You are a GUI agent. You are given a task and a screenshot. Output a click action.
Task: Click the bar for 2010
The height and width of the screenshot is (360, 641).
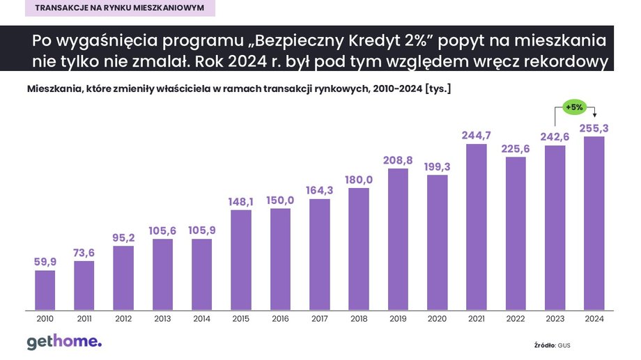(x=45, y=289)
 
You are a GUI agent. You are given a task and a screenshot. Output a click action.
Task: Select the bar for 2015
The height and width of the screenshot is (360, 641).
(x=240, y=258)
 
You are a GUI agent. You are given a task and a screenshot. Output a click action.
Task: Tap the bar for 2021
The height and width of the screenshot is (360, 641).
(x=476, y=226)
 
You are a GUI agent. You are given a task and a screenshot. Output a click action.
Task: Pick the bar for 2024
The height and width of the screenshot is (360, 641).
(x=594, y=222)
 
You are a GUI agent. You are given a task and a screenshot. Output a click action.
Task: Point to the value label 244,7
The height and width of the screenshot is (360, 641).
(x=476, y=135)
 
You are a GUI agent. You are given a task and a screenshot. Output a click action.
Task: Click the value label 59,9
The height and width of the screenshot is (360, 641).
(x=45, y=262)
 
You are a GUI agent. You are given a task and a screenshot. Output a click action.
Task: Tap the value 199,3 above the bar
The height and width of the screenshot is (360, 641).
(x=437, y=166)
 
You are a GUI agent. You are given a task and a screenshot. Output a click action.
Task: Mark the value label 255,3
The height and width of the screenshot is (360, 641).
(x=594, y=127)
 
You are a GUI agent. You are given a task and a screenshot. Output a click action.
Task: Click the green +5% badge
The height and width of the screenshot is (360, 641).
(x=574, y=107)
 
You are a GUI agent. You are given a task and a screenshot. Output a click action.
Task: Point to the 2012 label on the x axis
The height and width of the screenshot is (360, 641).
(x=123, y=319)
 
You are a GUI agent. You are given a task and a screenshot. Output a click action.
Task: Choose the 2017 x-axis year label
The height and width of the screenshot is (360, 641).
(x=319, y=319)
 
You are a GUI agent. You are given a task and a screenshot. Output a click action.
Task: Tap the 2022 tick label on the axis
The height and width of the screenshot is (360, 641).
(x=515, y=319)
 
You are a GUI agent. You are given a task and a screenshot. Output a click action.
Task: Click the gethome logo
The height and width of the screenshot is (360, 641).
(x=64, y=342)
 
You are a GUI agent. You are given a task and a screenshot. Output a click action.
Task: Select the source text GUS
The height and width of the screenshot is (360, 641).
(x=564, y=345)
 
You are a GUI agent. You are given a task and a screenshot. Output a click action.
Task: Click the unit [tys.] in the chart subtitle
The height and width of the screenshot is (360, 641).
(x=437, y=89)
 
